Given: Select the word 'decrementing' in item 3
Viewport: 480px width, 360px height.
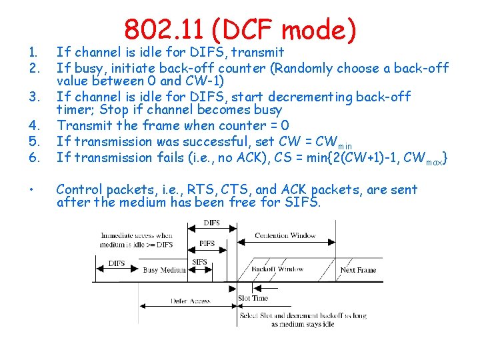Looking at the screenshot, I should [x=311, y=97].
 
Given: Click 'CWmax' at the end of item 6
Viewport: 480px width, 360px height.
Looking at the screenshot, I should [x=425, y=158].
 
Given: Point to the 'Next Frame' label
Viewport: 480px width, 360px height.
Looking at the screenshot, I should [x=357, y=270].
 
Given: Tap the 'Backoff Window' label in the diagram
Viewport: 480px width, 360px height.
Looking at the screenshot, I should [x=279, y=269].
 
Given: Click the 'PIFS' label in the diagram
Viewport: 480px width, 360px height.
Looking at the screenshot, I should [x=207, y=244].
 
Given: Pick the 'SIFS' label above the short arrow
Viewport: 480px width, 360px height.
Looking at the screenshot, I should [x=200, y=263].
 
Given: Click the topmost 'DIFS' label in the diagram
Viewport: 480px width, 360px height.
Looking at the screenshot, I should [x=211, y=223].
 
